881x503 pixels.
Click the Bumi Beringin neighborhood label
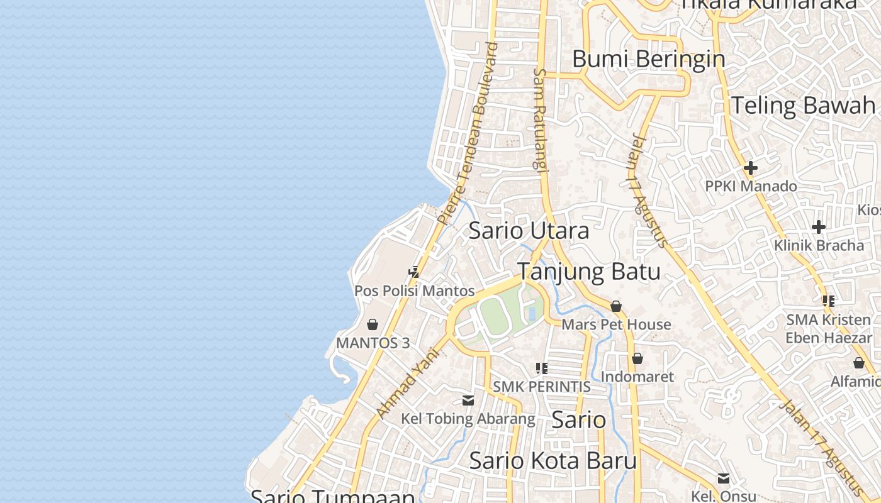pyautogui.click(x=648, y=59)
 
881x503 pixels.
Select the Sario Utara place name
pyautogui.click(x=529, y=231)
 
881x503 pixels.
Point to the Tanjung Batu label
pyautogui.click(x=588, y=272)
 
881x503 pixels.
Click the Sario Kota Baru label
pyautogui.click(x=553, y=460)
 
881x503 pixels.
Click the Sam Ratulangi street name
pyautogui.click(x=540, y=119)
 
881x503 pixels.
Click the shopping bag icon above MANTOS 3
pyautogui.click(x=373, y=324)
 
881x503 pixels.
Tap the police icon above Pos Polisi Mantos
pyautogui.click(x=413, y=272)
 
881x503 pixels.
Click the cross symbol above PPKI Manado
pyautogui.click(x=750, y=168)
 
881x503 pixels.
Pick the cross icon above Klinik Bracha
pyautogui.click(x=818, y=226)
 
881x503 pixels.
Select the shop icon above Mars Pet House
pyautogui.click(x=616, y=306)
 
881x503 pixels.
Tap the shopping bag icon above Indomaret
pyautogui.click(x=637, y=358)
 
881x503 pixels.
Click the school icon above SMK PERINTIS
pyautogui.click(x=541, y=368)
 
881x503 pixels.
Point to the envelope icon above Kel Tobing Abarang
pyautogui.click(x=468, y=400)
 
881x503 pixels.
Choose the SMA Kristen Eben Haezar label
pyautogui.click(x=828, y=329)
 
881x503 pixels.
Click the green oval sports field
pyautogui.click(x=495, y=316)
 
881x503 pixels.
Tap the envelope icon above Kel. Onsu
pyautogui.click(x=724, y=478)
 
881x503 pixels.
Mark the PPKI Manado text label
pyautogui.click(x=750, y=187)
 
